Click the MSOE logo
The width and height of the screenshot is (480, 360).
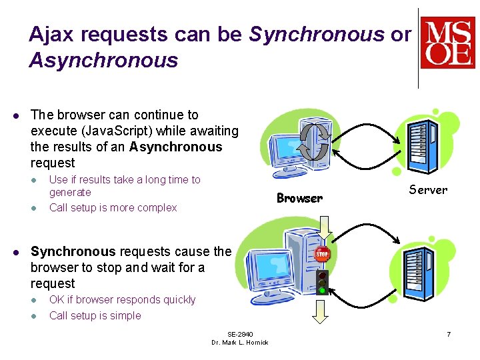point(447,43)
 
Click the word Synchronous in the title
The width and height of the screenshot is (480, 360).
point(317,35)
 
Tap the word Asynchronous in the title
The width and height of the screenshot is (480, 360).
point(103,61)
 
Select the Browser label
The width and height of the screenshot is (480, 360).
point(299,198)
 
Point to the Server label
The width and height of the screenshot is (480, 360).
point(428,190)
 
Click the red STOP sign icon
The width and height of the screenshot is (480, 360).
point(323,254)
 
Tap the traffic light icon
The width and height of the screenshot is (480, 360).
point(323,282)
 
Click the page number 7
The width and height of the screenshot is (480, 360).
point(449,333)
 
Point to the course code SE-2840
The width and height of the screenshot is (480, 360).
point(240,334)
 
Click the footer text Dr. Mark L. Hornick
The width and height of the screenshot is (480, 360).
point(240,343)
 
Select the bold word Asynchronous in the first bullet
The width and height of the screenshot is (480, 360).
point(176,147)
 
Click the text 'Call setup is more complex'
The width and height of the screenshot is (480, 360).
point(113,207)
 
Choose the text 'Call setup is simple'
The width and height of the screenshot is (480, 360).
point(95,315)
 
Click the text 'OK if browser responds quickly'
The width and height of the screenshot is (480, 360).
point(123,299)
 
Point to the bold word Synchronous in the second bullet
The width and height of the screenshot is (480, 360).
point(73,251)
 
